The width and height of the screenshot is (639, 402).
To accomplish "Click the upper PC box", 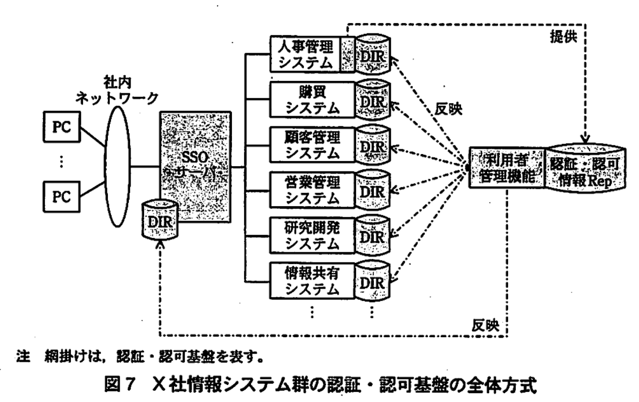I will click(61, 127).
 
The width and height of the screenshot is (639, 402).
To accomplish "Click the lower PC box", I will click(61, 196).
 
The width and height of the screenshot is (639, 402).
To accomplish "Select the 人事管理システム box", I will click(305, 54).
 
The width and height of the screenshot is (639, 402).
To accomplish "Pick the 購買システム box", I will click(312, 100).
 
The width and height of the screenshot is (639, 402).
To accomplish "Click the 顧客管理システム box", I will click(312, 145).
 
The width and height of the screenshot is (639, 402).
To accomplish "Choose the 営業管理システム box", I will click(312, 191).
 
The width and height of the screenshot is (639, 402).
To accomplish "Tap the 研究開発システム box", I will click(312, 236).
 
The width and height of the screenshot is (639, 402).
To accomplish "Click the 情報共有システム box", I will click(312, 281).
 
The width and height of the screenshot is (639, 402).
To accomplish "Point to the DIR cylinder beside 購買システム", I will click(373, 100).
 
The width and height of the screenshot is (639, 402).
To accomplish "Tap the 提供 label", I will click(563, 37).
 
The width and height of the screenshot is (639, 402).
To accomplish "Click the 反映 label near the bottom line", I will click(485, 325).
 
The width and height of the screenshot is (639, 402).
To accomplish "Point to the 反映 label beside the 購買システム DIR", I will click(448, 109).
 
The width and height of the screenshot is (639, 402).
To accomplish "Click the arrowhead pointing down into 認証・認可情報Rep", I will click(585, 139).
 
